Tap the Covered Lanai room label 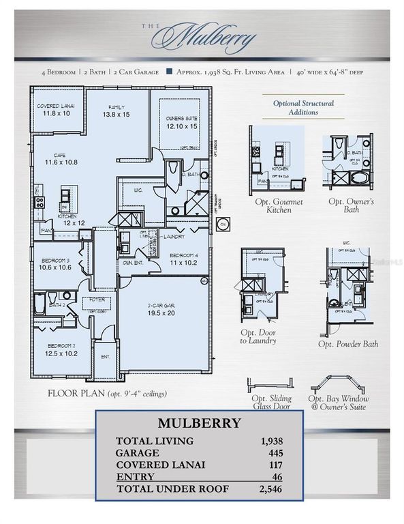tap(56, 108)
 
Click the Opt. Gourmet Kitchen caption tap(277, 205)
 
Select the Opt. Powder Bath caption tap(347, 344)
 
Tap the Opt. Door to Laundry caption tap(258, 336)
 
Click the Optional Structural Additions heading tap(305, 107)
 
